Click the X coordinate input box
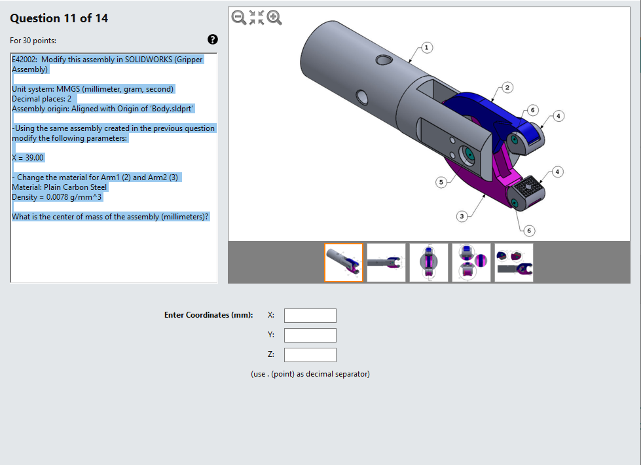(x=310, y=316)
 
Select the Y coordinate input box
(x=310, y=335)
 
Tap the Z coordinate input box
(x=310, y=355)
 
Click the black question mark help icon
(x=213, y=39)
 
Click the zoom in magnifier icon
(x=274, y=18)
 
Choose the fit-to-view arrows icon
(x=256, y=18)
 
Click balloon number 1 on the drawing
(x=426, y=48)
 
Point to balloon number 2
(x=507, y=88)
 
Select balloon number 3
(x=462, y=216)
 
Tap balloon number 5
(x=441, y=182)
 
